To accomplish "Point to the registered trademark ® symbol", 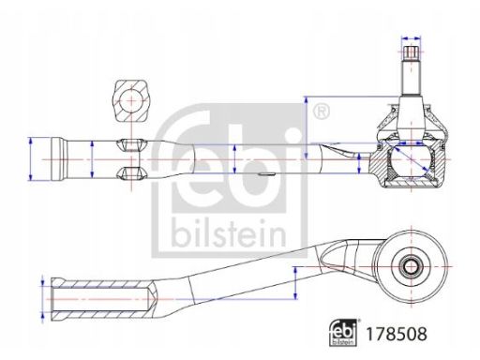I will click(322, 112).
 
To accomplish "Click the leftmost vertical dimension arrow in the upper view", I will click(32, 157).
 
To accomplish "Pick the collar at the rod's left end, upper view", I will click(60, 157).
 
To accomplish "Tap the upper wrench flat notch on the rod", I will click(130, 143).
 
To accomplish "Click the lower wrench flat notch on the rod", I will click(130, 172).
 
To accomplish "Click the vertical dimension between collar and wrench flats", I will click(92, 157).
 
